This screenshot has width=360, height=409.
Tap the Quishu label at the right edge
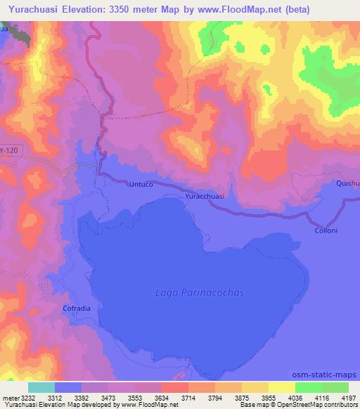coord(347,183)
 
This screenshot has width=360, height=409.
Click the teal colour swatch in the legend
coord(41,387)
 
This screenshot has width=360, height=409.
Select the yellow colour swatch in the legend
coord(281,387)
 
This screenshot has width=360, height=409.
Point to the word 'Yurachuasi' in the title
coord(34,9)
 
